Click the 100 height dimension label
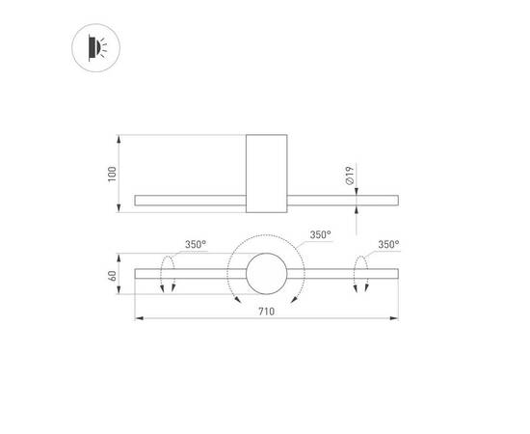pos(113,174)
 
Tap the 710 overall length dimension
pos(266,311)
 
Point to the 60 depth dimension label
pos(113,275)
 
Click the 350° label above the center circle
pos(321,234)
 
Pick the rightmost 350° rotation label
pos(388,245)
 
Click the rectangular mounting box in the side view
pos(266,174)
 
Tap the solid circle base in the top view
pos(266,275)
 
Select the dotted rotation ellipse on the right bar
pos(362,275)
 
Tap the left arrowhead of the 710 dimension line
pos(137,318)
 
